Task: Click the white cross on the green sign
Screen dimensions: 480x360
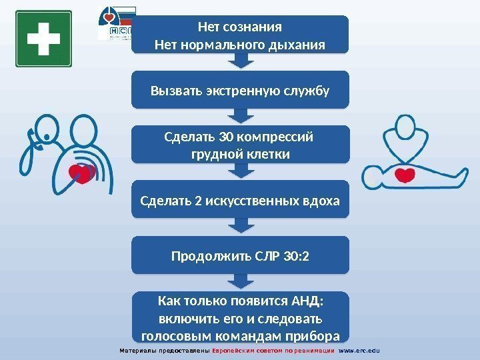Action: tap(42, 39)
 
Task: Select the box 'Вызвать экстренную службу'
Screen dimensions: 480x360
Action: tap(240, 89)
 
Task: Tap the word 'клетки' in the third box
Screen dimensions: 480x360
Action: tap(268, 155)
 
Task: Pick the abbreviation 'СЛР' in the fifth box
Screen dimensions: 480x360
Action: tap(273, 255)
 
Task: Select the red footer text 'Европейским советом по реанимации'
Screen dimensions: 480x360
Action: tap(273, 351)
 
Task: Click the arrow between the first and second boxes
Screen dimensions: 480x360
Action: tap(241, 62)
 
